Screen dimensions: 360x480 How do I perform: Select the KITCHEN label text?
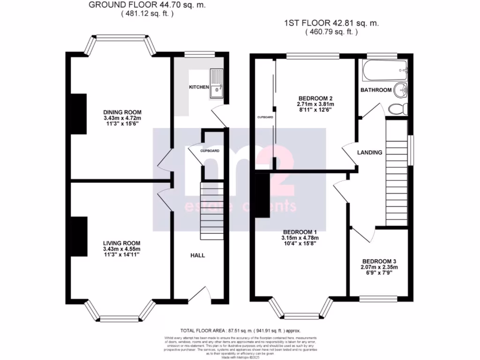[x=199, y=87]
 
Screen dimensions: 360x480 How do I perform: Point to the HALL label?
[x=197, y=255]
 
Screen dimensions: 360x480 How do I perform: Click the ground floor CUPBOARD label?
[x=210, y=151]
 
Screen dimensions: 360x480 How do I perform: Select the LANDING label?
[x=369, y=152]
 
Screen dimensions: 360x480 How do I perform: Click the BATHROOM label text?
[x=375, y=90]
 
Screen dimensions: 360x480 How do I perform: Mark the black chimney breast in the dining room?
[x=79, y=113]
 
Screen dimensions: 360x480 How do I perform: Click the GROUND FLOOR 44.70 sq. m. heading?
[x=147, y=5]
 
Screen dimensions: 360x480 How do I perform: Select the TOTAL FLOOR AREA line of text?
[x=240, y=330]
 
